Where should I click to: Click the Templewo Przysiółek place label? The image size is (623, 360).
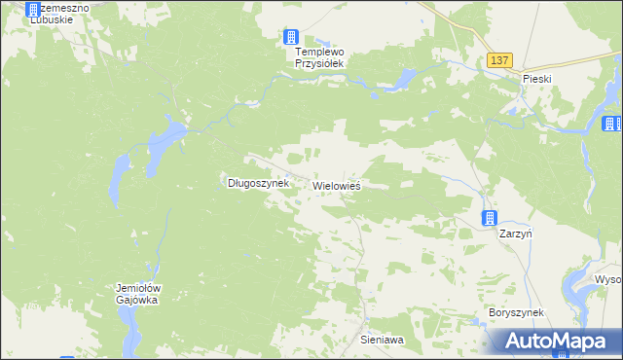[321, 56]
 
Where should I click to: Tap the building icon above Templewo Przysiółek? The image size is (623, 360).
[291, 37]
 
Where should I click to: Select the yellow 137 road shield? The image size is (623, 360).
[499, 60]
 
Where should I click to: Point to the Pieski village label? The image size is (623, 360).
[537, 76]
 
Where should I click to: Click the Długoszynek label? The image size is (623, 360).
[258, 182]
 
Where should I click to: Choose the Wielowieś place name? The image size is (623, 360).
[337, 184]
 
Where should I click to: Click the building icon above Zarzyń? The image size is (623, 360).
[491, 218]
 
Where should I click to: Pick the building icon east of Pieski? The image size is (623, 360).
[611, 124]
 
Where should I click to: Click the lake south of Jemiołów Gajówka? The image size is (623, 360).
[130, 336]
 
